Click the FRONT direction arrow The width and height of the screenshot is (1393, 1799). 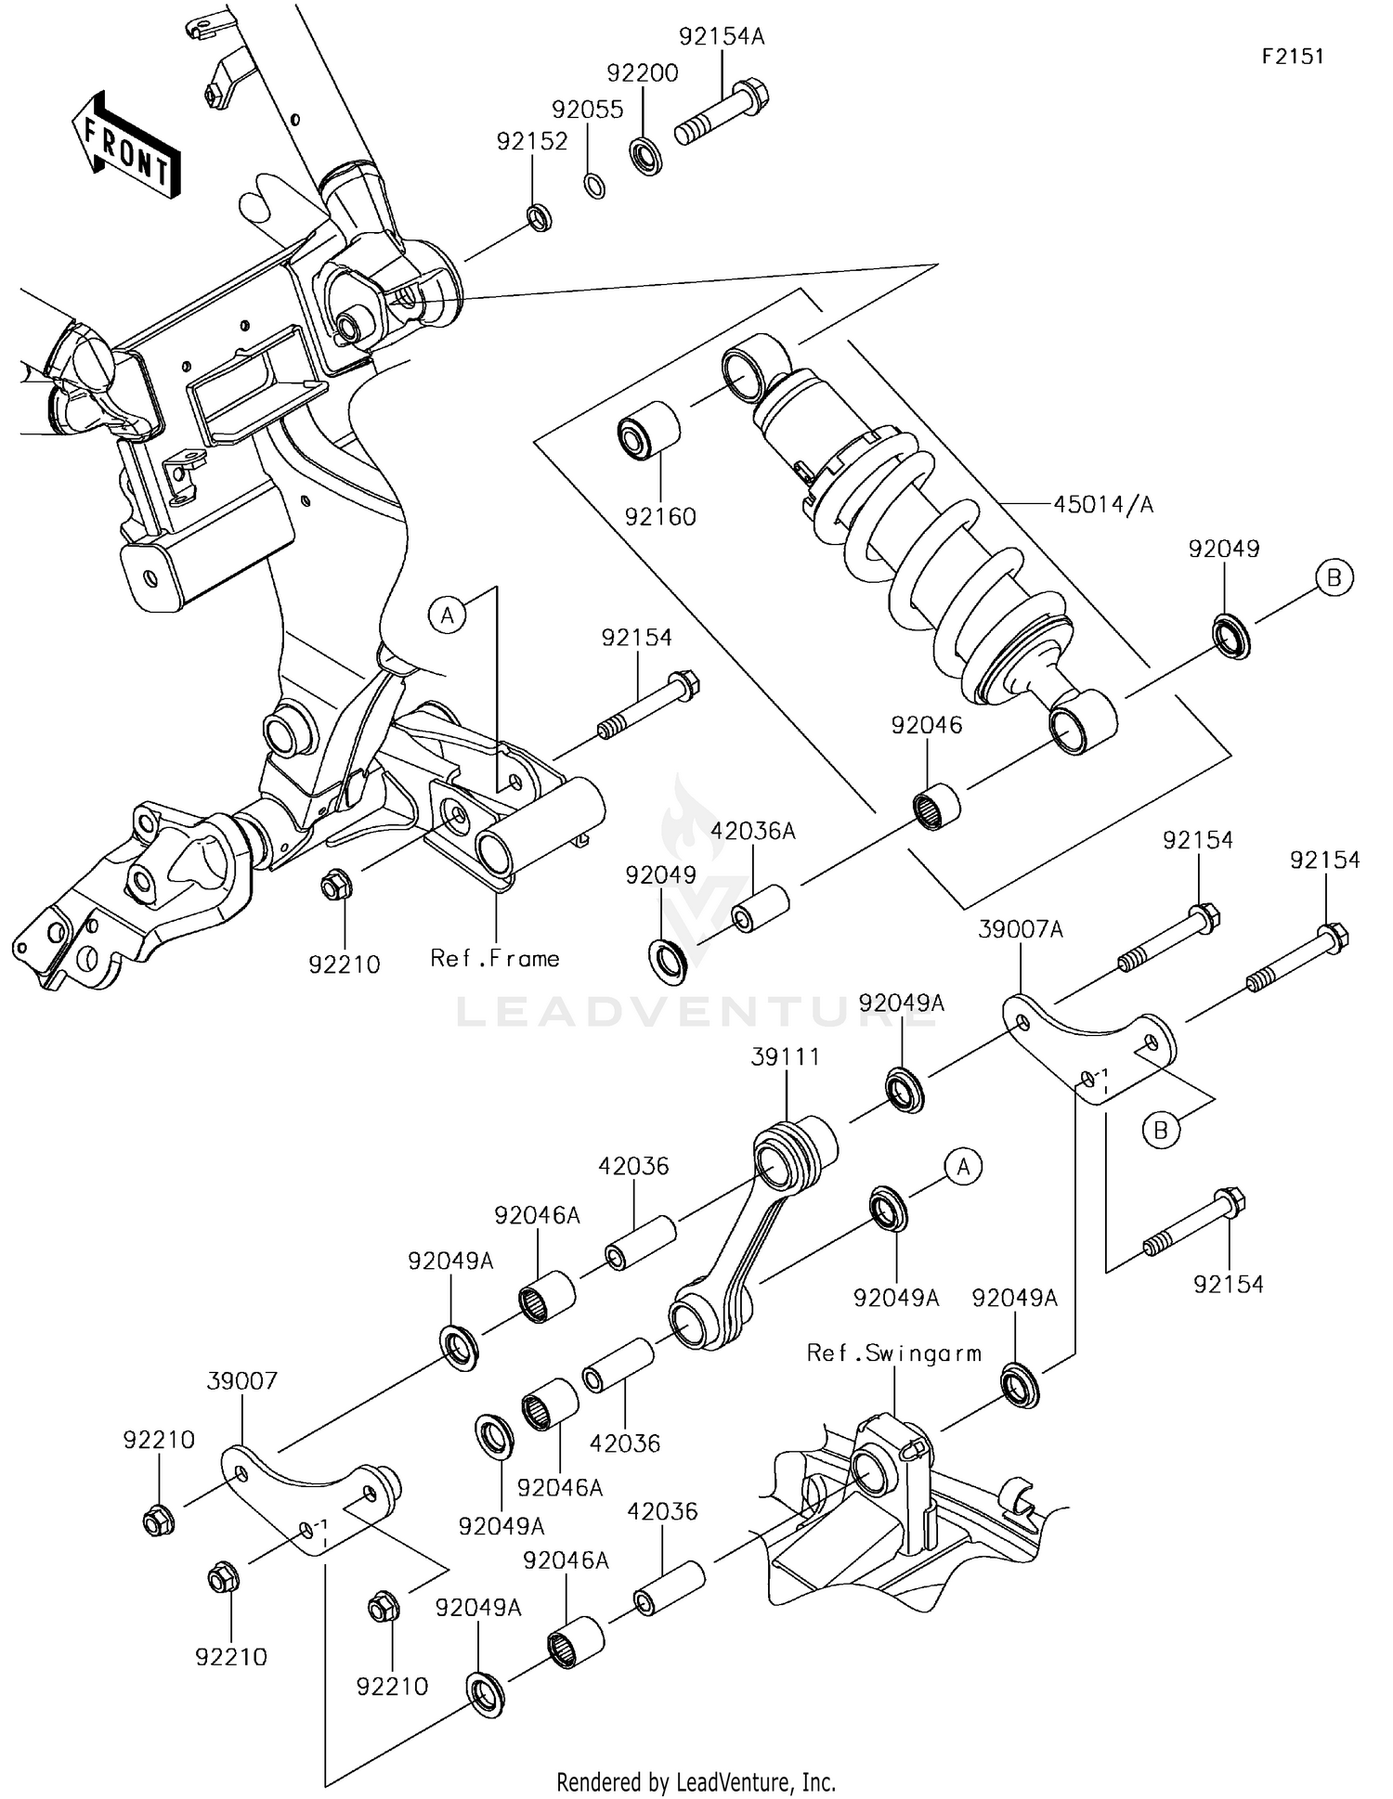pos(126,146)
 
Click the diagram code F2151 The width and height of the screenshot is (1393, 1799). pos(1293,56)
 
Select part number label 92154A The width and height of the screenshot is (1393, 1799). pos(722,37)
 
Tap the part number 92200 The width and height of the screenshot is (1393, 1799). pos(643,73)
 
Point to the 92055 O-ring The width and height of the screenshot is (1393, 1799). pos(595,185)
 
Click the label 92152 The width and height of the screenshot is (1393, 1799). pos(532,141)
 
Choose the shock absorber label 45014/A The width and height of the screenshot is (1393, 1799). pos(1103,504)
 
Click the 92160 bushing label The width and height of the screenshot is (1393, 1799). pos(660,517)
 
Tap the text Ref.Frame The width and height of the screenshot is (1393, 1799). pos(495,958)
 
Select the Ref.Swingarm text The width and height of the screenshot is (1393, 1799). pos(894,1352)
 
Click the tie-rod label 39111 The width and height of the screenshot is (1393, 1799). pos(786,1056)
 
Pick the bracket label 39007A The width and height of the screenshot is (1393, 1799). pos(1021,929)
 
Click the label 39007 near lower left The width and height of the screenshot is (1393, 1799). pos(241,1380)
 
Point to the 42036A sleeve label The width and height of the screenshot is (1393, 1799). pos(753,831)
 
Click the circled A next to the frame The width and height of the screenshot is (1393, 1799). pos(448,615)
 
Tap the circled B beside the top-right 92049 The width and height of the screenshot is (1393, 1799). pos(1334,577)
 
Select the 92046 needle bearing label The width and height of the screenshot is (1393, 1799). pos(927,725)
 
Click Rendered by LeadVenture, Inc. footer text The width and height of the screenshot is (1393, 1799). pos(696,1781)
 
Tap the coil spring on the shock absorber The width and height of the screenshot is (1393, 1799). pos(938,557)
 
